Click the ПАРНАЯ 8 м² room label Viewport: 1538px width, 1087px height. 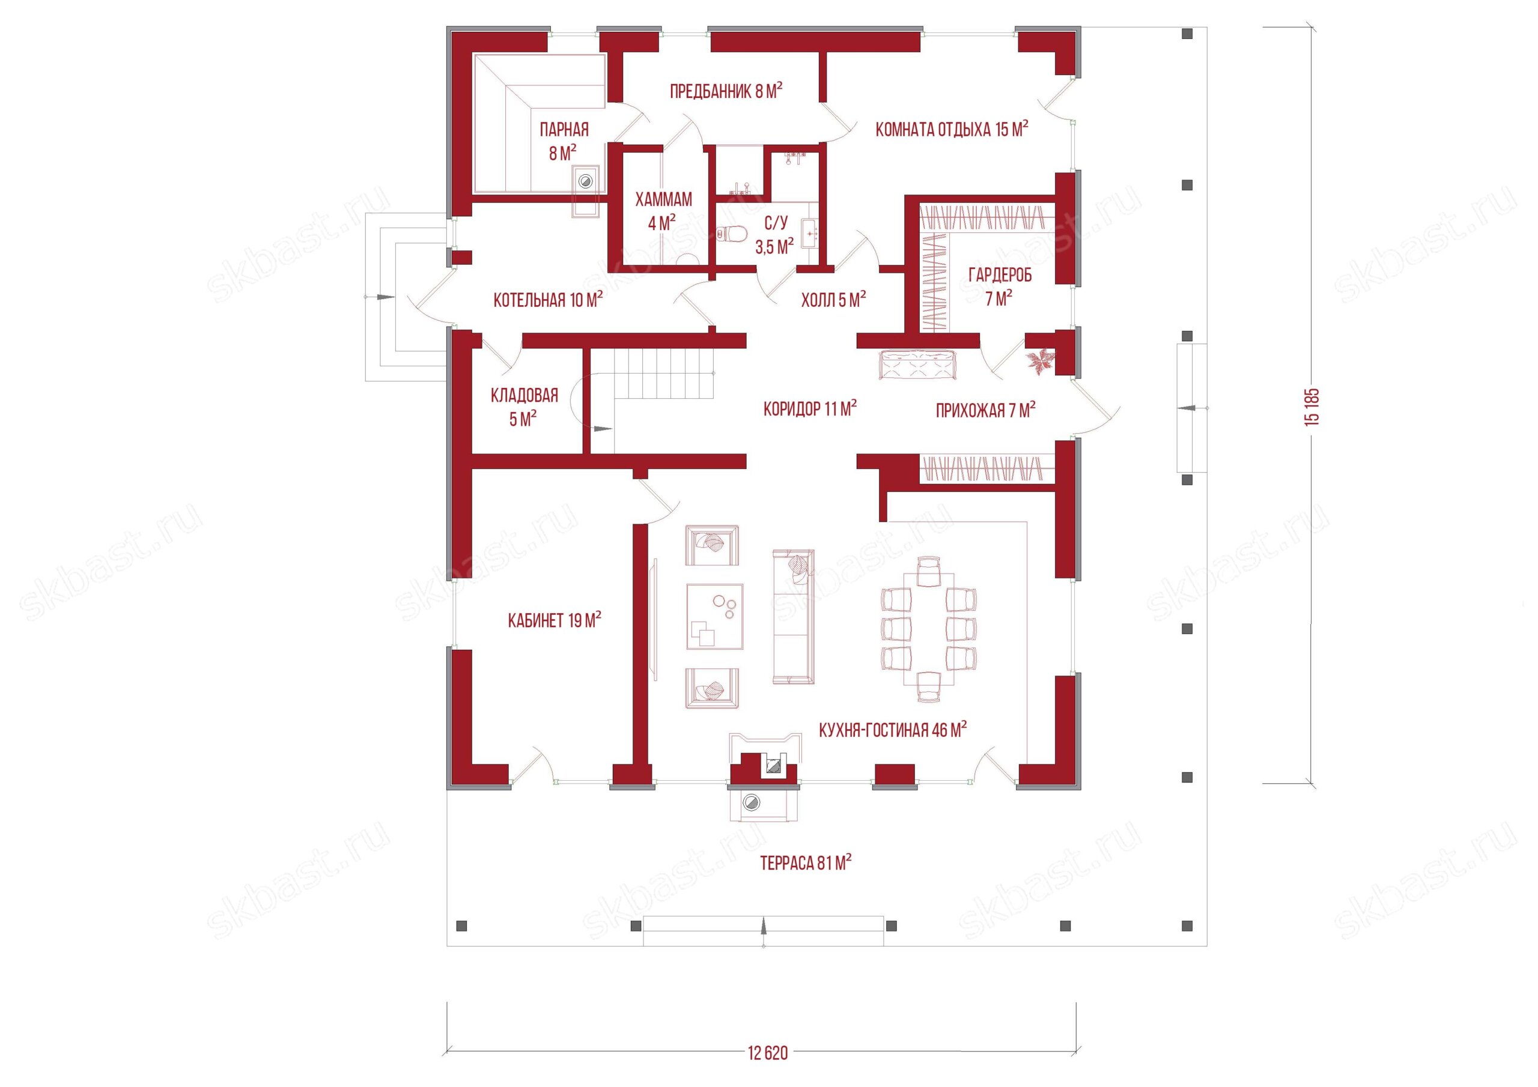(564, 141)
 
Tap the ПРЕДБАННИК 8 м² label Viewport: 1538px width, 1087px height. (727, 91)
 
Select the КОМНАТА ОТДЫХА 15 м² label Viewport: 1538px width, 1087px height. (952, 129)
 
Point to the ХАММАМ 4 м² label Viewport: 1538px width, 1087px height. (663, 210)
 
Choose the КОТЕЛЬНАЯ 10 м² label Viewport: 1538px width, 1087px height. (548, 300)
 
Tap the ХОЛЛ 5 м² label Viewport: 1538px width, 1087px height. (833, 300)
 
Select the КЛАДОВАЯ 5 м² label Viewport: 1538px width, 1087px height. (524, 407)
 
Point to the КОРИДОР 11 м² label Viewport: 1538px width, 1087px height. (810, 408)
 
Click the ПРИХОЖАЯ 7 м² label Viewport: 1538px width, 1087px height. (985, 409)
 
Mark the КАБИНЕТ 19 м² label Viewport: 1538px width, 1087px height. (554, 620)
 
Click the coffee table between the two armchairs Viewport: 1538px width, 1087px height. (715, 616)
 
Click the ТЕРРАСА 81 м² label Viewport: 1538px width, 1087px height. (805, 862)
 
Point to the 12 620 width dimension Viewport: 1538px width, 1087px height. (768, 1053)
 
